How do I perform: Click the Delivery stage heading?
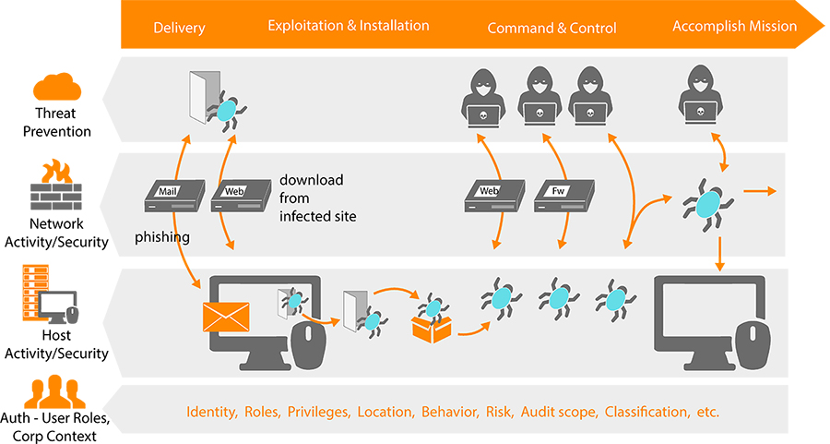click(x=179, y=28)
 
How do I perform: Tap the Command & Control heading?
click(x=551, y=28)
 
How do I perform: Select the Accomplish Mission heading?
click(x=734, y=26)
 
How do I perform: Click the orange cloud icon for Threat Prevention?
click(x=58, y=89)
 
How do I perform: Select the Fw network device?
click(x=563, y=193)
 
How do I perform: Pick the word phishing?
click(x=162, y=237)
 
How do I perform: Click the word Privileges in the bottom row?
click(x=319, y=411)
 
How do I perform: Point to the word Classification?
click(x=646, y=411)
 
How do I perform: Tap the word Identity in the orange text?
click(x=211, y=411)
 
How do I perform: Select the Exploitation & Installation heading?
click(x=349, y=26)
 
